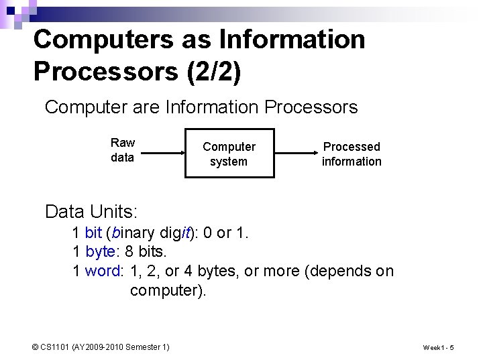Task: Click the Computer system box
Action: point(229,154)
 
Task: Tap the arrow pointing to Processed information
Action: point(295,153)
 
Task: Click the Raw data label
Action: point(123,150)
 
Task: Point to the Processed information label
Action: point(351,154)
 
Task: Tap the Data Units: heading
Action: point(91,212)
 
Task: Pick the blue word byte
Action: point(100,253)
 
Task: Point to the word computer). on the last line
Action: point(168,290)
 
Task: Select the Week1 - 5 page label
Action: point(438,347)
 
